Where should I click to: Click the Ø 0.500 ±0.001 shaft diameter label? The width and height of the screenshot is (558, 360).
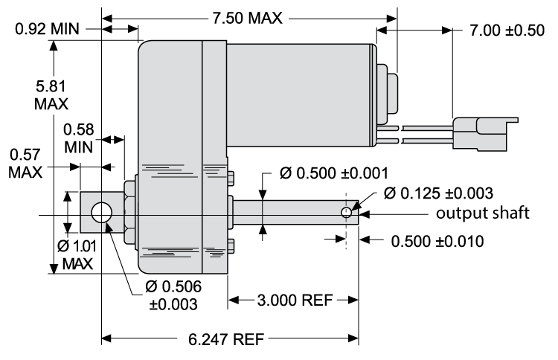pyautogui.click(x=333, y=173)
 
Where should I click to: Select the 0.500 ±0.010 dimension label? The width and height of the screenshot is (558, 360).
pyautogui.click(x=435, y=242)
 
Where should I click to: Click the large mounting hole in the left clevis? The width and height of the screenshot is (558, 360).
pyautogui.click(x=100, y=214)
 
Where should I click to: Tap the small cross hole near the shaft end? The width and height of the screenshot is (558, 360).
pyautogui.click(x=346, y=213)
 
